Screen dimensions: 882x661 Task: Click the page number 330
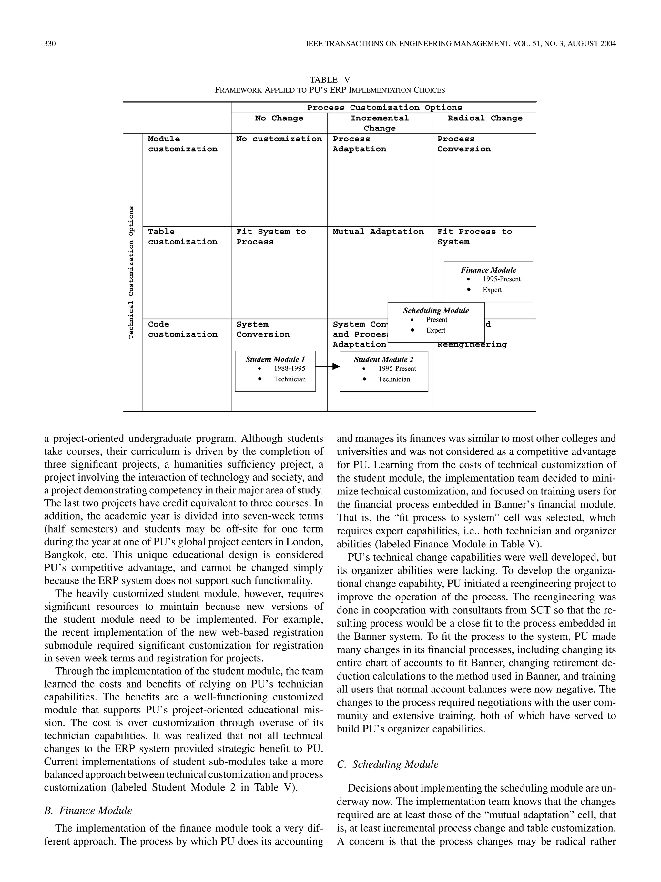pyautogui.click(x=50, y=44)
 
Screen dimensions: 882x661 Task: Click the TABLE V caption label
pyautogui.click(x=330, y=80)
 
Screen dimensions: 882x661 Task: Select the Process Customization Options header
pyautogui.click(x=384, y=108)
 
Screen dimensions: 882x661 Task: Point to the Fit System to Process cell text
pyautogui.click(x=270, y=237)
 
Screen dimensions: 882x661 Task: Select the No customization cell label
pyautogui.click(x=279, y=139)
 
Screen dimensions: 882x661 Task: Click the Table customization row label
pyautogui.click(x=182, y=237)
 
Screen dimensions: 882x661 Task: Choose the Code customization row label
pyautogui.click(x=182, y=329)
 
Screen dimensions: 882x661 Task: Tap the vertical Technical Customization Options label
pyautogui.click(x=131, y=272)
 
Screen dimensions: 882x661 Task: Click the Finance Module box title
pyautogui.click(x=488, y=270)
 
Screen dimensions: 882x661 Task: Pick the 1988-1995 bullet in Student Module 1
pyautogui.click(x=289, y=369)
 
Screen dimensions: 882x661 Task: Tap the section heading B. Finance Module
pyautogui.click(x=88, y=811)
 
